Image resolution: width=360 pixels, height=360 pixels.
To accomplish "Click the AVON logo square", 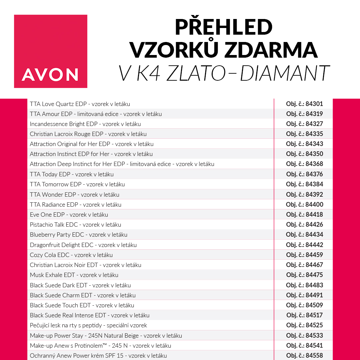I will click(x=51, y=51).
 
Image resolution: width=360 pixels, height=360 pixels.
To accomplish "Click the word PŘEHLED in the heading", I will click(x=223, y=27).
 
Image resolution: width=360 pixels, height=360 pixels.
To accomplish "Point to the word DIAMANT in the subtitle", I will click(x=285, y=73).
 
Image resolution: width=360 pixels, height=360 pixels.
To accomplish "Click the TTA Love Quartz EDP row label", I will click(x=80, y=104).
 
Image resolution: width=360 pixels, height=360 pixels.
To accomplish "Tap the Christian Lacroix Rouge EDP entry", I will click(x=88, y=134).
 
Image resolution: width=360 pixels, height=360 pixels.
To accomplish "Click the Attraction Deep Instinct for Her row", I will click(x=122, y=164).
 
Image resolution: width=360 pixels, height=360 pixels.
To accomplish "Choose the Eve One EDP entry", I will click(x=69, y=214).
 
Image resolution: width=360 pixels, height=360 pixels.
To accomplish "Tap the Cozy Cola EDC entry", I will click(x=71, y=255).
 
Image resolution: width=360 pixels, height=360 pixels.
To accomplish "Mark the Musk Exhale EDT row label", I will click(x=74, y=275).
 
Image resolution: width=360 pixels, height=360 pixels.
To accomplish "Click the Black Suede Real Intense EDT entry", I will click(x=89, y=315).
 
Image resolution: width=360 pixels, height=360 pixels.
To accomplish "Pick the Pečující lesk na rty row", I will click(x=88, y=325).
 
